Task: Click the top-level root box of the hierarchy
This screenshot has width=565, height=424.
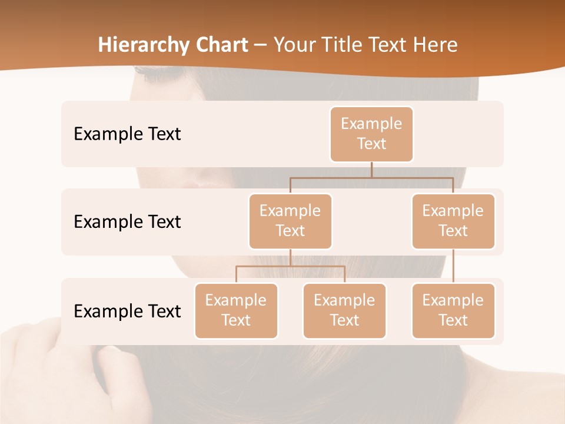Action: (x=371, y=134)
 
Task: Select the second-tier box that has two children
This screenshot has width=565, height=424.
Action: (x=290, y=221)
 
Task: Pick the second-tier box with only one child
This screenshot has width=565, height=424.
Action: (x=453, y=221)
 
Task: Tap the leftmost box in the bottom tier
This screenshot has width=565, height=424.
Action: (x=236, y=310)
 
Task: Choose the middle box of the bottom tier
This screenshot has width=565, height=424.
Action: (x=344, y=310)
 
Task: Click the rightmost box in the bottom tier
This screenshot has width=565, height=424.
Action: (x=453, y=310)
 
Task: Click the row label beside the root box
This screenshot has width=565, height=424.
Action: (x=127, y=134)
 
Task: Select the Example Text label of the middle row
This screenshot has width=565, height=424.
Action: (x=127, y=222)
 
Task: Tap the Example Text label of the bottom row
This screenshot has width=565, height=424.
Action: (x=127, y=311)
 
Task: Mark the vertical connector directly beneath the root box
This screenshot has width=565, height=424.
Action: (x=371, y=170)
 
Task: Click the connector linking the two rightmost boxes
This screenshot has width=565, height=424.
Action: (x=453, y=266)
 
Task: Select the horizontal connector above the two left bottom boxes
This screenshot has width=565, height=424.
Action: (x=290, y=266)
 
